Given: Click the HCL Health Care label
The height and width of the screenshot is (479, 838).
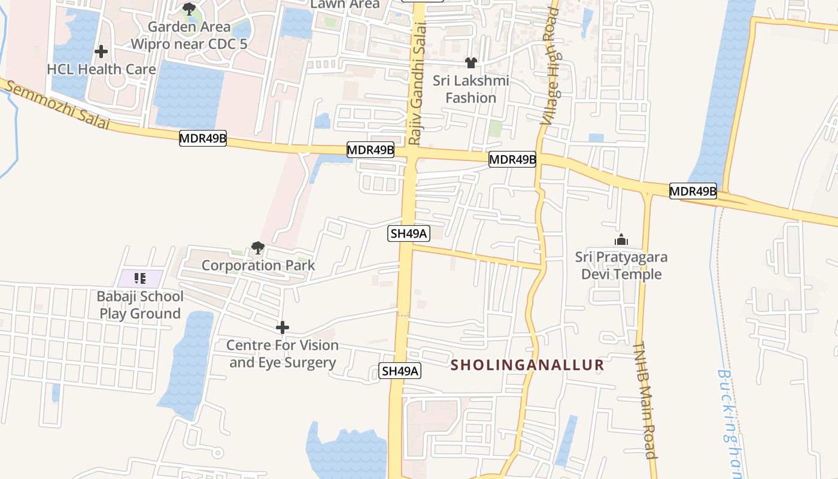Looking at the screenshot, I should point(101,69).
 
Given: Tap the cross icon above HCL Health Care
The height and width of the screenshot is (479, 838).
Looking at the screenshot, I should point(101,51).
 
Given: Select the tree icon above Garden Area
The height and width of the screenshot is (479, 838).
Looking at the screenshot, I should point(189,9).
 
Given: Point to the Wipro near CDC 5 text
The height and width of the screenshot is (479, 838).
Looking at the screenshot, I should point(189,44).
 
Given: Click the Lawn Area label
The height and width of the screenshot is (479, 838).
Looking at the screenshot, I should point(345,4).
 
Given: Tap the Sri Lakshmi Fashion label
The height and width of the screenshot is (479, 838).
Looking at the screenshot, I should point(471,89).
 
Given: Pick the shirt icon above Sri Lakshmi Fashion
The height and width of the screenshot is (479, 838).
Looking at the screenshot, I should point(471,63).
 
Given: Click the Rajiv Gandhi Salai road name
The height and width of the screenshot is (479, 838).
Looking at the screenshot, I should point(417,84).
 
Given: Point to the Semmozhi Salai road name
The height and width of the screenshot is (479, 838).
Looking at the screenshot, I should point(57,105).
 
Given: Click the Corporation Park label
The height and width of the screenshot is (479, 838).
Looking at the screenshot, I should point(258,265).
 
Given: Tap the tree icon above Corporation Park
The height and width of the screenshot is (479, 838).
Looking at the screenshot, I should point(258,247).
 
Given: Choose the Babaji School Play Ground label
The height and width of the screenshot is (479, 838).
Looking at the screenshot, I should point(140,305).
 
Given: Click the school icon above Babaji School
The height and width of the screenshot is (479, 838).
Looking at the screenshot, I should point(140,278).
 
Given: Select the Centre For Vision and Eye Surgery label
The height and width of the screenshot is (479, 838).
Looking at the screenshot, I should point(283,354).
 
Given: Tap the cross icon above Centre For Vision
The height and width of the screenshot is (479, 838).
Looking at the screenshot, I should point(283,328).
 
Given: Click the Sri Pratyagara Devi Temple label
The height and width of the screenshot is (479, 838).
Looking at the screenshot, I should point(621,266).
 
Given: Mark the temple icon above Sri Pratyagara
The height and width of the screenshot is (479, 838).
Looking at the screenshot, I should point(621,240).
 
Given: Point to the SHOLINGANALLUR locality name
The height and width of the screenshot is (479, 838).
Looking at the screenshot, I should point(527,365).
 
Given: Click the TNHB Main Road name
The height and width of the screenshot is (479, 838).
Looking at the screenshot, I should point(645,399).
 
